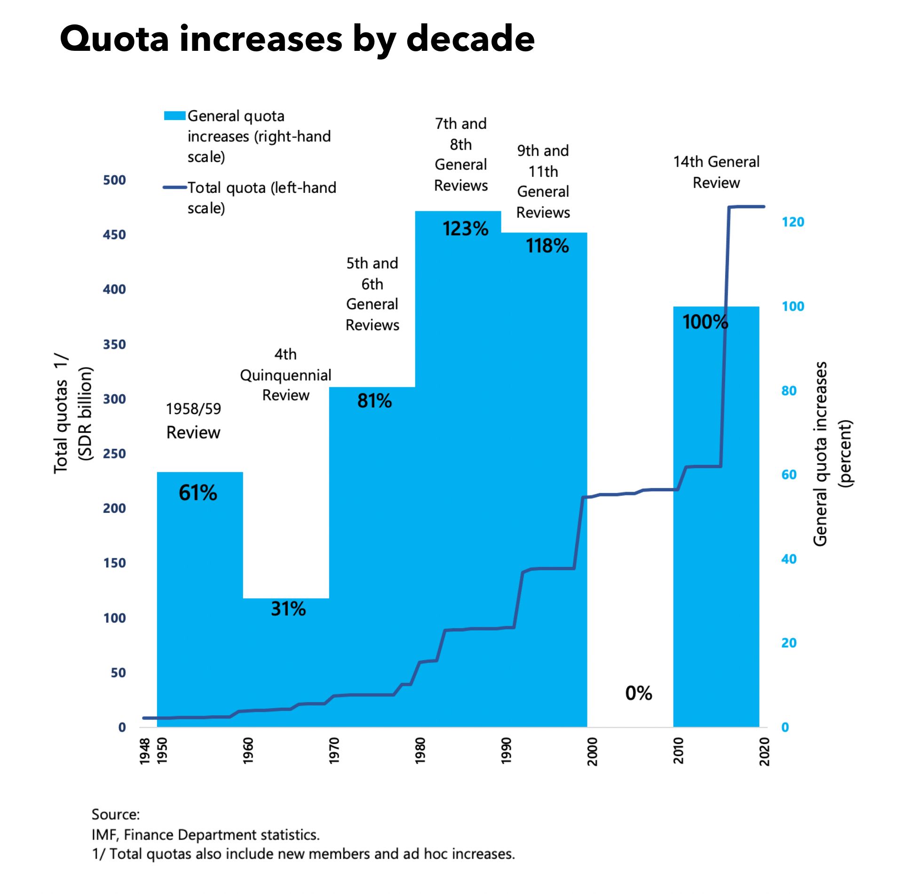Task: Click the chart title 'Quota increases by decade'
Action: pos(297,39)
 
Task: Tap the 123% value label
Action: pos(465,229)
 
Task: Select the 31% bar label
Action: pos(288,609)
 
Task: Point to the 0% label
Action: pos(638,693)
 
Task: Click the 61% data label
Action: pos(198,493)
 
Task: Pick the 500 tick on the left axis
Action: pos(114,180)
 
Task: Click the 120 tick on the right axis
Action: pos(793,222)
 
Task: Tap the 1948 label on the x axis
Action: pos(145,751)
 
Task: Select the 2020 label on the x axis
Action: pos(765,751)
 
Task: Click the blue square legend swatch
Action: pos(174,116)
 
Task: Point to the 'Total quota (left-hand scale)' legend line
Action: pos(175,188)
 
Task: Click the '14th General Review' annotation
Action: pos(716,172)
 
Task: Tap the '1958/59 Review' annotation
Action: pos(193,421)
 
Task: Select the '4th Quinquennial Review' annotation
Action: pos(285,375)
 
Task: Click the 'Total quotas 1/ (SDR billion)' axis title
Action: pos(73,413)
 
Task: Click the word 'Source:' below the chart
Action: pos(115,814)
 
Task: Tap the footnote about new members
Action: pos(303,854)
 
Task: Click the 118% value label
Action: pos(547,246)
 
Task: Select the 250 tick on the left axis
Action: pos(114,454)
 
